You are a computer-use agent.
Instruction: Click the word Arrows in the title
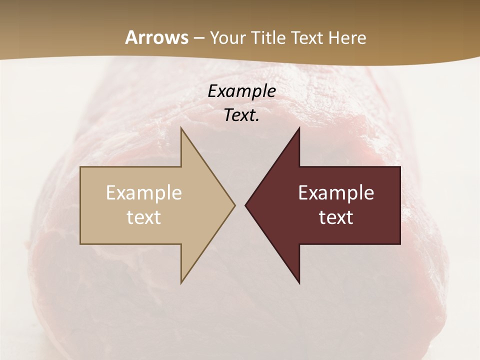(156, 37)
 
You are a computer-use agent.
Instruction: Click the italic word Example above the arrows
(241, 91)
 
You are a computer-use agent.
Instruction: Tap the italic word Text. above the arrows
(241, 115)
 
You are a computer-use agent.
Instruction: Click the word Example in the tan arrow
(143, 192)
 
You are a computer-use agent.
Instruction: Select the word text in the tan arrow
(143, 217)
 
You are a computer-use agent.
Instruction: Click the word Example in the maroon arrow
(336, 192)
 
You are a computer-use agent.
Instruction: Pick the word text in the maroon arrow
(336, 217)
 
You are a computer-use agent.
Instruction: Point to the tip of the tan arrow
(234, 205)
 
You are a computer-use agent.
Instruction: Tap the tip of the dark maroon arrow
(245, 205)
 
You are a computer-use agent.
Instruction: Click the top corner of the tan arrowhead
(181, 128)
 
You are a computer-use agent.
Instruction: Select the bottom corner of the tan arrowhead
(181, 282)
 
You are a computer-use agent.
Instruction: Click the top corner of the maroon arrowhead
(299, 128)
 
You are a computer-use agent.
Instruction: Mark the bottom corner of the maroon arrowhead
(299, 282)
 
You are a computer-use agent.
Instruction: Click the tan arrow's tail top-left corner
(81, 167)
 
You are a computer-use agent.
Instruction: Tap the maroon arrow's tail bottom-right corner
(399, 243)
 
